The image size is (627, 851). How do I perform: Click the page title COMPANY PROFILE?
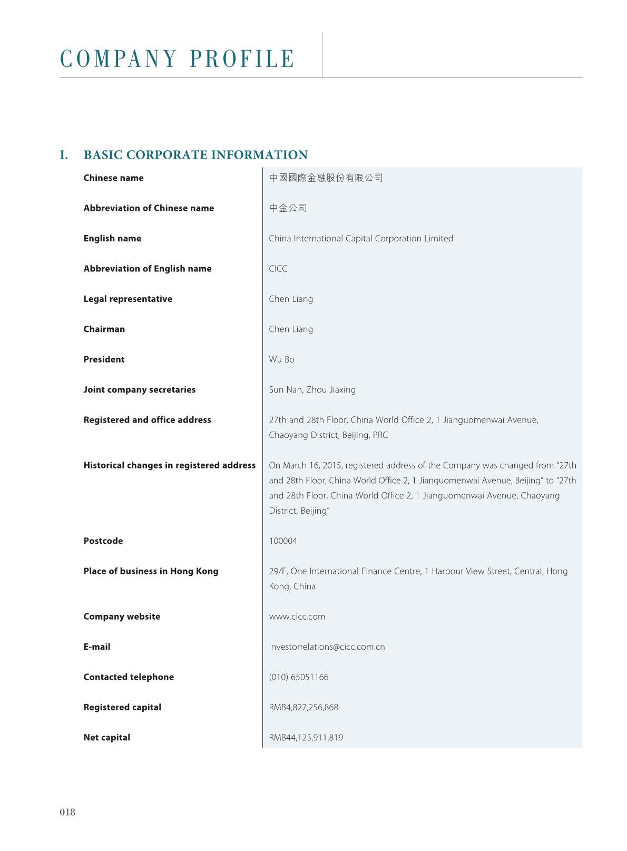click(x=178, y=58)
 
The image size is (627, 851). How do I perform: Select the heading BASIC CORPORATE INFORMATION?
click(x=195, y=155)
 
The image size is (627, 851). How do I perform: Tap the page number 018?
click(x=67, y=812)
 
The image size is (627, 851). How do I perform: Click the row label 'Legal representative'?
click(x=128, y=299)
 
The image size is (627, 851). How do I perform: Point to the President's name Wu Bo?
click(x=281, y=359)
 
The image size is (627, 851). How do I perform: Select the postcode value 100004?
click(x=283, y=541)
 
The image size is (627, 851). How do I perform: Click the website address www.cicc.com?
click(x=297, y=617)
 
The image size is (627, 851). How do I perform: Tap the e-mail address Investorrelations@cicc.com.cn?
click(x=327, y=647)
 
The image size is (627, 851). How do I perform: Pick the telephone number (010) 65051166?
click(x=298, y=677)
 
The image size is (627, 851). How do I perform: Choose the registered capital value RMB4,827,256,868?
click(x=303, y=707)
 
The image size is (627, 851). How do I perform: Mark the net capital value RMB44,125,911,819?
click(x=306, y=738)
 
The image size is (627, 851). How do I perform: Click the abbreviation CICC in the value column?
click(x=278, y=269)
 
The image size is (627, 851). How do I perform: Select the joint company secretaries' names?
click(x=312, y=390)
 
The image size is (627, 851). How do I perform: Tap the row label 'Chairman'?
click(x=104, y=329)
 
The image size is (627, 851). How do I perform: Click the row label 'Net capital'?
click(x=106, y=738)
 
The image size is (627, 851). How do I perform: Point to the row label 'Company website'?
click(x=122, y=617)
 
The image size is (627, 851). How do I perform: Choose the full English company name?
click(x=361, y=239)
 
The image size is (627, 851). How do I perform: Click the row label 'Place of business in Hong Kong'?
click(x=151, y=571)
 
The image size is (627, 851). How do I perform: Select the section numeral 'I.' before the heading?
click(x=64, y=155)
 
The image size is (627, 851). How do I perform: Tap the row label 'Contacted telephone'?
click(x=129, y=677)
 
